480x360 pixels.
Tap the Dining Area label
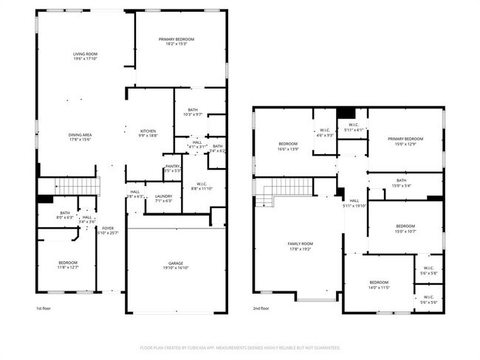[x=80, y=136]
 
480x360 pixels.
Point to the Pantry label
[x=171, y=168]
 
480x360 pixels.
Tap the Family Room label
[x=301, y=246]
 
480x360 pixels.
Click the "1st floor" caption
[x=44, y=308]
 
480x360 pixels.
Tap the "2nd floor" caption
[x=261, y=308]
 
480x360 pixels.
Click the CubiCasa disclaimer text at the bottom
[x=240, y=347]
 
